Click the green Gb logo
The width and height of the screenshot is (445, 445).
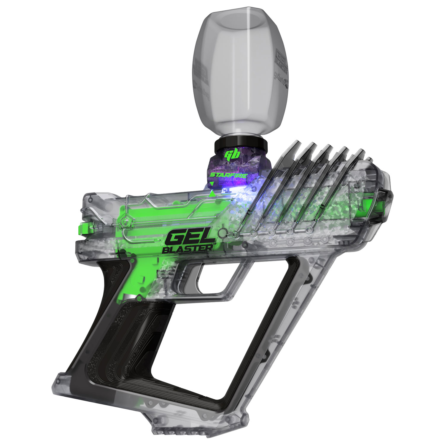231,155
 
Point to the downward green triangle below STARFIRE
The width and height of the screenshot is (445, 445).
212,184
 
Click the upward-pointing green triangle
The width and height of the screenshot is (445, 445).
212,194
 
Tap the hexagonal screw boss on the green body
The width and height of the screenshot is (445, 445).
126,221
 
